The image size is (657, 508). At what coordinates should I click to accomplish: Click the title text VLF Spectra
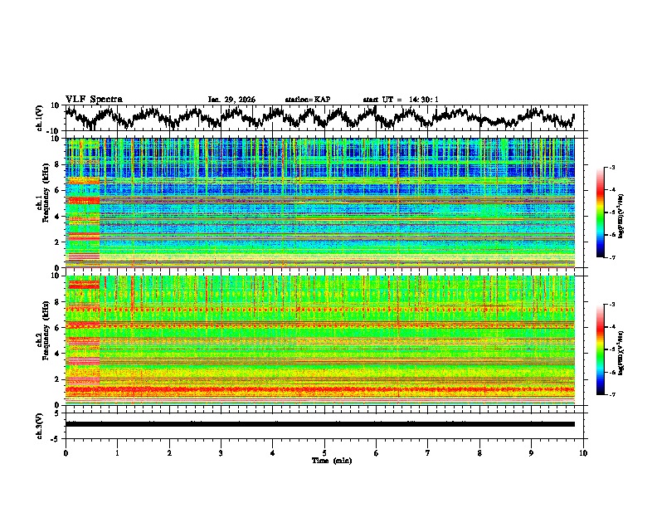94,99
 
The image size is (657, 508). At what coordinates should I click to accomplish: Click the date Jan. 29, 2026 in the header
231,100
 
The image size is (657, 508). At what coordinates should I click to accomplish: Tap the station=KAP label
307,100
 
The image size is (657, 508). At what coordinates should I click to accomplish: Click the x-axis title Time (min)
331,460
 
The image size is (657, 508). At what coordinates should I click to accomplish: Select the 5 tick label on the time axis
324,452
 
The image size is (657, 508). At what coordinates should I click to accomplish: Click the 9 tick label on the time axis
532,452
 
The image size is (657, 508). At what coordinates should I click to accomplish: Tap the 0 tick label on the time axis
66,452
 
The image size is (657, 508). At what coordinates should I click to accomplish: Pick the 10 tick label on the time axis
583,452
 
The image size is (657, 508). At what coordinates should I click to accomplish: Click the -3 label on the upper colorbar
611,168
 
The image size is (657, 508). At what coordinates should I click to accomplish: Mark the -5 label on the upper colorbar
611,212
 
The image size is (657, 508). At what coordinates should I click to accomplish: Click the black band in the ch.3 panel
319,424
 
